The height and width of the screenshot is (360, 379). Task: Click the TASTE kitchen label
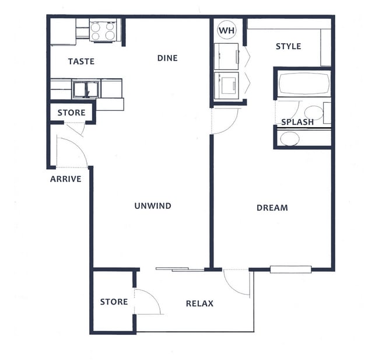click(80, 61)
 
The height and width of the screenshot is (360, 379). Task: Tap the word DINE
click(167, 58)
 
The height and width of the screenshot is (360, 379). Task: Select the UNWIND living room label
click(152, 205)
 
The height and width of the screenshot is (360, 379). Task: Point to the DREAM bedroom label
click(272, 208)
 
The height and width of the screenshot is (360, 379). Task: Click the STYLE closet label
click(288, 46)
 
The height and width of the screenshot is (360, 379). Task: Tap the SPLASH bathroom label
click(297, 122)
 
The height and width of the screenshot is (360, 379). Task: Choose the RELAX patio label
click(199, 303)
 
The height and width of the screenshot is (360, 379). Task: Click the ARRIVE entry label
click(65, 179)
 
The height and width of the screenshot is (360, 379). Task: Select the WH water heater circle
click(226, 30)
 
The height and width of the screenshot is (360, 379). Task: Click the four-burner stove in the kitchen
click(103, 30)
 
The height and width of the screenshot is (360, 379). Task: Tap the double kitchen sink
click(86, 89)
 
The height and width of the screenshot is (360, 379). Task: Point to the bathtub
click(303, 85)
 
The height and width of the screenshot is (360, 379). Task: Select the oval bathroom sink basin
click(290, 139)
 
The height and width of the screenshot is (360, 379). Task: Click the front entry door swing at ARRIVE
click(72, 152)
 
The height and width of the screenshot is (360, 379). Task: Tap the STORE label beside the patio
click(114, 302)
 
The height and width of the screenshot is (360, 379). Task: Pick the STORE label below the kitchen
click(71, 113)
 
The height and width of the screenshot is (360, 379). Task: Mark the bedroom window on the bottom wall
click(291, 269)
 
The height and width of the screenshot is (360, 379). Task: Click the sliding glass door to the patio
click(180, 269)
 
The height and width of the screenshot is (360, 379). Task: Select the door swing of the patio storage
click(148, 301)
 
